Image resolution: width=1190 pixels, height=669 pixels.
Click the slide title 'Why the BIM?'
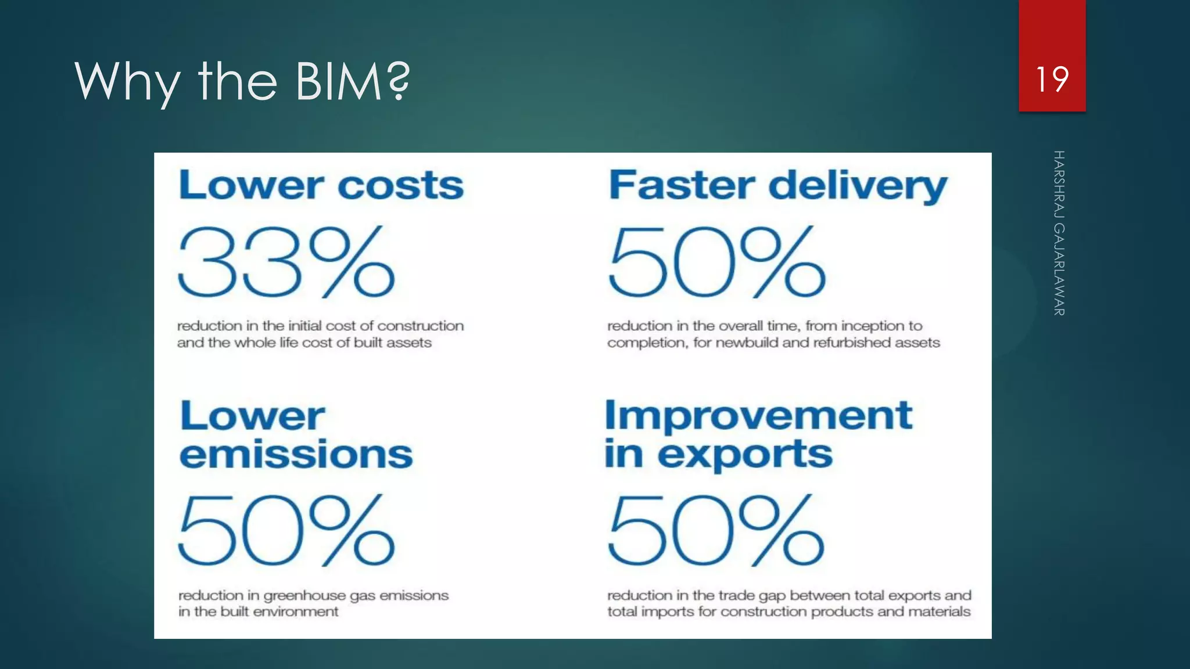coord(242,81)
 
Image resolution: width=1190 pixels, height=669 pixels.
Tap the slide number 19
coord(1052,80)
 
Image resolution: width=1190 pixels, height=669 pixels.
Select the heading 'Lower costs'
coord(321,185)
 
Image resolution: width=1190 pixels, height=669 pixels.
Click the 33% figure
coord(286,262)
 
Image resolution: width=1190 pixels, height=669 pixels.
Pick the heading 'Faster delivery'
coord(777,186)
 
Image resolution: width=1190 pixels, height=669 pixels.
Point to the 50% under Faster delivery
coord(716,262)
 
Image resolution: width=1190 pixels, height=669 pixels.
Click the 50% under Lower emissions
coord(286,530)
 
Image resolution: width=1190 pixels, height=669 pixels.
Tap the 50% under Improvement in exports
coord(716,530)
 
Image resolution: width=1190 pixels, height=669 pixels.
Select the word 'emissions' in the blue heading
coord(296,454)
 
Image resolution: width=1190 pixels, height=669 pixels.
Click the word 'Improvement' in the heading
coord(758,416)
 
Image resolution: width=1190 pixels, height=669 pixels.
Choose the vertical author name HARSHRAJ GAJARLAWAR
coord(1059,233)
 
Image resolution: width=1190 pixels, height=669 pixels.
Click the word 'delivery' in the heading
coord(858,186)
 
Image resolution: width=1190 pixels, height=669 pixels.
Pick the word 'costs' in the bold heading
coord(401,185)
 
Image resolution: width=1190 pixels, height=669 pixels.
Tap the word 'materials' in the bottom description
coord(939,612)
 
